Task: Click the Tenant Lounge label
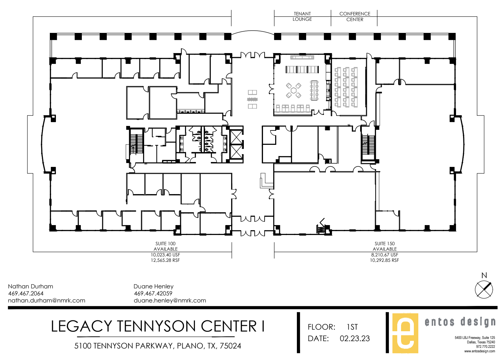coord(302,16)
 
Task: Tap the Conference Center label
coord(355,17)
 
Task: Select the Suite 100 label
coord(166,244)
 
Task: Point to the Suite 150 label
coord(385,244)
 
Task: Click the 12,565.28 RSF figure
coord(165,260)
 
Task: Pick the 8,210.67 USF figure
coord(385,255)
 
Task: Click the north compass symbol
coord(484,289)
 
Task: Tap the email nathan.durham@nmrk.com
coord(46,301)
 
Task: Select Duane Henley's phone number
coord(153,293)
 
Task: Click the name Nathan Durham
coord(31,286)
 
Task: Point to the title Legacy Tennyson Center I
coord(158,326)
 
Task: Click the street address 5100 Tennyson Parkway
coord(123,346)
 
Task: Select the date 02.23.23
coord(355,339)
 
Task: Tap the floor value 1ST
coord(352,327)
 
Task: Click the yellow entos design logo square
coord(405,333)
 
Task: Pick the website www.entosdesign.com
coord(480,351)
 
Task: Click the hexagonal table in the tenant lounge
coord(293,90)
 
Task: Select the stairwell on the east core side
coord(368,145)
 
